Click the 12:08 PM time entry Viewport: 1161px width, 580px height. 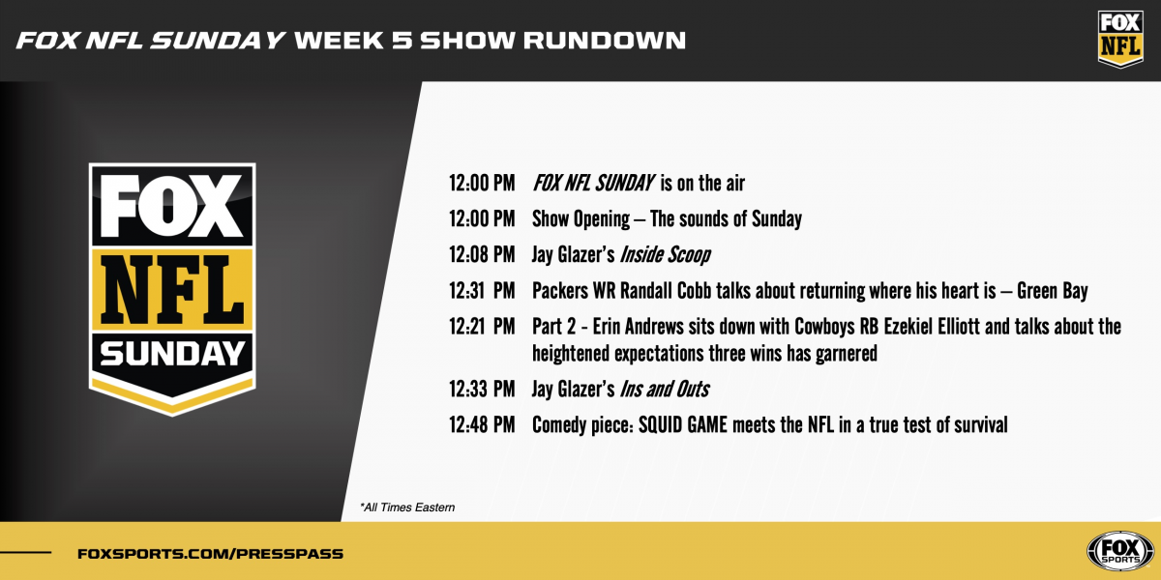(482, 255)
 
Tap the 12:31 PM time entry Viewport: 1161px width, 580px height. (482, 291)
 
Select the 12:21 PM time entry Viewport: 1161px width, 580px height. (482, 327)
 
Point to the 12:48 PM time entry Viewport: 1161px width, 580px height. (482, 424)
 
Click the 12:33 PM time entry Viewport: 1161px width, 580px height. (482, 390)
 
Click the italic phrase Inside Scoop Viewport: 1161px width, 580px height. (665, 255)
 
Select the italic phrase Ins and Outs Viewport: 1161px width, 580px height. (665, 390)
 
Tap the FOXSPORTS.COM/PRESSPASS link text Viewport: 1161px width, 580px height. (210, 554)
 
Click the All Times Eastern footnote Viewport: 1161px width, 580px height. (406, 507)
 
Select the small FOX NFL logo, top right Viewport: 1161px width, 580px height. (1120, 39)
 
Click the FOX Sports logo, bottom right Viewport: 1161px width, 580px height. (1120, 552)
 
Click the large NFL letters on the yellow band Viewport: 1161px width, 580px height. (172, 291)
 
